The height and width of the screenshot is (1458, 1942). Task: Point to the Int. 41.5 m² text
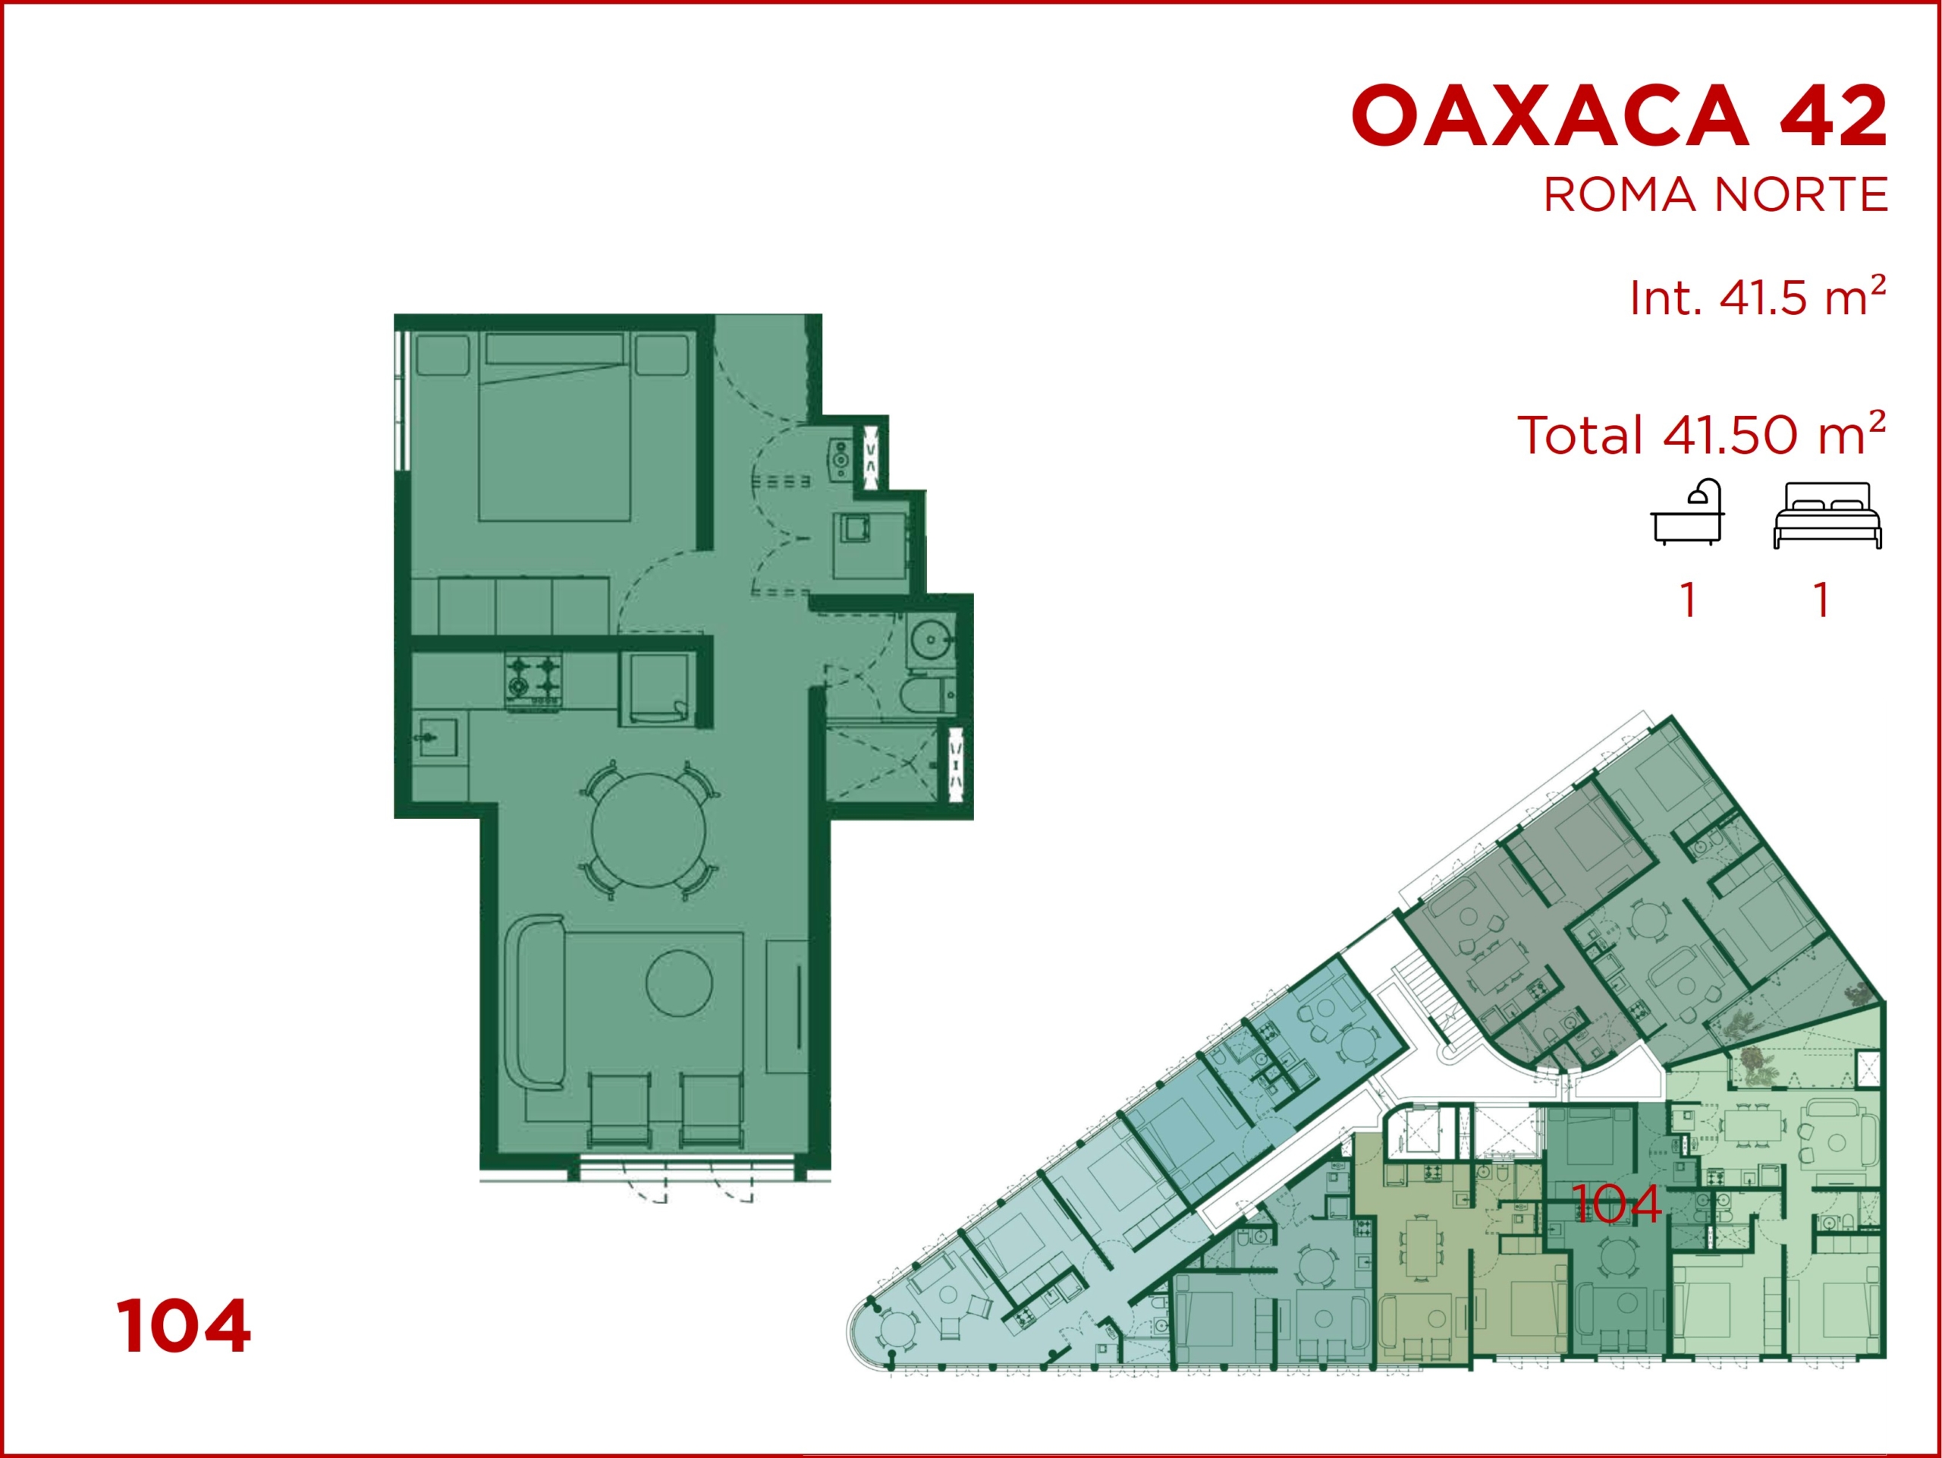point(1758,296)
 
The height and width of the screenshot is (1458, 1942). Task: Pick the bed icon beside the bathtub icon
point(1827,515)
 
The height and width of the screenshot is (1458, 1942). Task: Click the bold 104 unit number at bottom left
point(184,1326)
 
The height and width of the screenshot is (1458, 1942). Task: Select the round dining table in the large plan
point(649,831)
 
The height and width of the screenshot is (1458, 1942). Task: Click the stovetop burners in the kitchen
point(533,680)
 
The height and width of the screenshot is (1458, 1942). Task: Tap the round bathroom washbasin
point(931,638)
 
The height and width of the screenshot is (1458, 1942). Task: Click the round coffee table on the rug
point(679,984)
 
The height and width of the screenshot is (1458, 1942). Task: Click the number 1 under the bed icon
point(1824,601)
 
